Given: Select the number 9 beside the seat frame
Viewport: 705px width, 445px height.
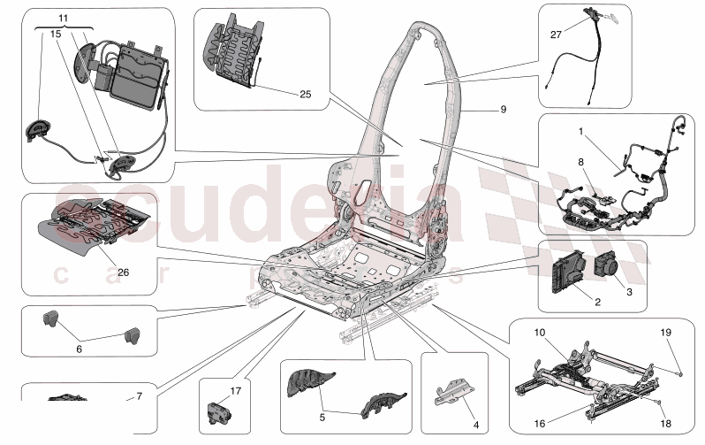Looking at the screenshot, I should (503, 110).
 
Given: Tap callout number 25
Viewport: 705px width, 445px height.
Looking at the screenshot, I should (306, 93).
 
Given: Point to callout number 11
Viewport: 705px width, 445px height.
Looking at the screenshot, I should (63, 18).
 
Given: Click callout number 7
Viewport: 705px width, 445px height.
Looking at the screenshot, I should (138, 396).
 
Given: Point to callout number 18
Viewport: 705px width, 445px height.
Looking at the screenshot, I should (667, 424).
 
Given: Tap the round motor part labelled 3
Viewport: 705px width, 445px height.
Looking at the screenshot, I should (610, 265).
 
